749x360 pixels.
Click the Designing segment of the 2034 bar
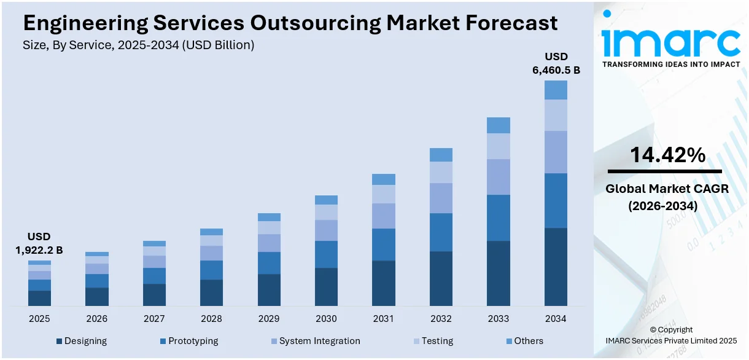point(556,267)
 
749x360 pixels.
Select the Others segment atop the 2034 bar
point(556,90)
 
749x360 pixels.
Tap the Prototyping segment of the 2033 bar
point(499,217)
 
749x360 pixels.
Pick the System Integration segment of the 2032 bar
point(441,198)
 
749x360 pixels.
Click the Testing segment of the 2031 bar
point(384,194)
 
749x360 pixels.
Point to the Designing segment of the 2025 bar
point(39,298)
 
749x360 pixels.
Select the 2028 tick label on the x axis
point(211,319)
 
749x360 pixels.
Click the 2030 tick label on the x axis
point(326,319)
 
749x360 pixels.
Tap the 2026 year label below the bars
point(96,319)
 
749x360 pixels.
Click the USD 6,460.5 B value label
point(556,64)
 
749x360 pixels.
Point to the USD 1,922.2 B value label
point(39,243)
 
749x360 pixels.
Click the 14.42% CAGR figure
point(667,155)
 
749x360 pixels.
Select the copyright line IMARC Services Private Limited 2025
point(671,340)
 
